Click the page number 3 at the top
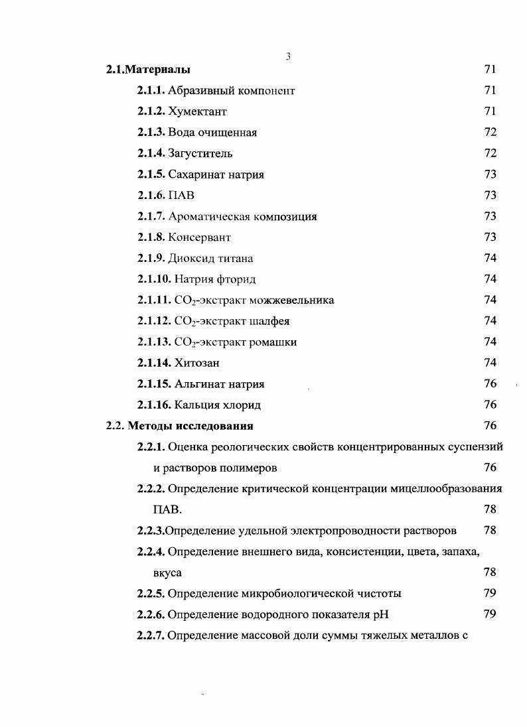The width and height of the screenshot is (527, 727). (288, 56)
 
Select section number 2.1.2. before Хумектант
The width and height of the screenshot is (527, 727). (151, 111)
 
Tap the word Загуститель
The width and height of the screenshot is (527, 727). (200, 153)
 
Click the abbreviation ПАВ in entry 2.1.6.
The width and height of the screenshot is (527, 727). (182, 196)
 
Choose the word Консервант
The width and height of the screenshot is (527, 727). (199, 237)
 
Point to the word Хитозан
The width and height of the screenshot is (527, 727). (196, 363)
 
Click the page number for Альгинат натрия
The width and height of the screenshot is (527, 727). (490, 384)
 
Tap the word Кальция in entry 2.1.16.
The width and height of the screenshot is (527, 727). (196, 405)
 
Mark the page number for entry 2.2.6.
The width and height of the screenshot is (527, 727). (490, 614)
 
